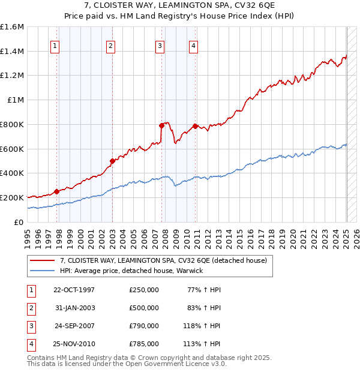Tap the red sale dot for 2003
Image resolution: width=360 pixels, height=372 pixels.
(112, 161)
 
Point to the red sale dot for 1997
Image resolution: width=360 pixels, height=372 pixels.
(57, 191)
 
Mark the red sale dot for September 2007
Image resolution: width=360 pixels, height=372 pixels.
(161, 125)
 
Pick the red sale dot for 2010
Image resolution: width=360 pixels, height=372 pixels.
(196, 126)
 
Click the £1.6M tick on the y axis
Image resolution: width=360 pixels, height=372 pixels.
(12, 27)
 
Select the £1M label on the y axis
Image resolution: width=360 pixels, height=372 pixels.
(16, 100)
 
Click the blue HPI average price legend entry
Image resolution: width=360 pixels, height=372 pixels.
(132, 271)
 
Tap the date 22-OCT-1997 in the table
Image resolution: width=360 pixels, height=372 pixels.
(74, 290)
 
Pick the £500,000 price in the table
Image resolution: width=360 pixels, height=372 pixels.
(144, 308)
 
